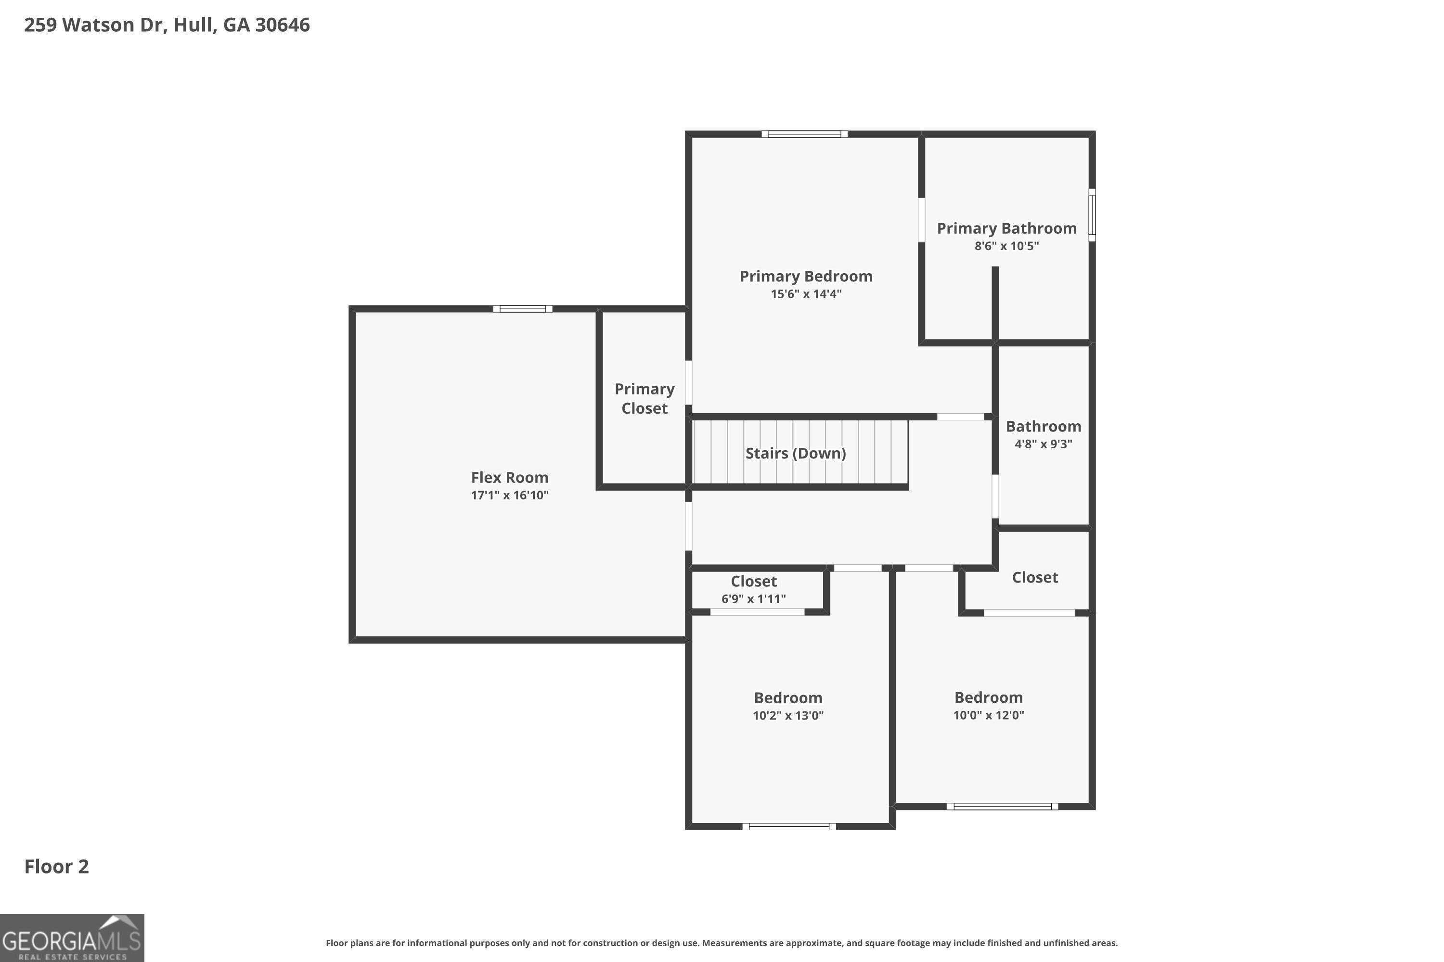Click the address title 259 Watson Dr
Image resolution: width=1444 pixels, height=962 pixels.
[x=167, y=25]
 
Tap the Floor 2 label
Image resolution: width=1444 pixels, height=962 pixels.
[x=56, y=866]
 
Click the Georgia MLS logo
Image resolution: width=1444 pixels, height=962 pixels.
[x=72, y=938]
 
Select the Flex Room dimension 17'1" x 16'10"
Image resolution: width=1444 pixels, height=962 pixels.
[x=510, y=495]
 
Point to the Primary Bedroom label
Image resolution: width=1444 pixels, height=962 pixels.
[x=805, y=276]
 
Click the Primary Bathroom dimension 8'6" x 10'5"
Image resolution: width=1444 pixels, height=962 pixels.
[x=1006, y=246]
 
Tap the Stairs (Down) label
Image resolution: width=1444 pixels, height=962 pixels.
[x=795, y=454]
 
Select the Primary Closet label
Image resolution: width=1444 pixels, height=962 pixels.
[x=644, y=398]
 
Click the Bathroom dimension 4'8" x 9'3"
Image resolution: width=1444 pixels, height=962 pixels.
[x=1043, y=444]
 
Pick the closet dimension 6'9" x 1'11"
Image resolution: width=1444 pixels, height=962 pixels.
[x=753, y=599]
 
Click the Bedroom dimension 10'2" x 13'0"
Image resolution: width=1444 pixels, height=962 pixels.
[x=787, y=715]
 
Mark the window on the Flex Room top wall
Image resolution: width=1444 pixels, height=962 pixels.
[x=522, y=309]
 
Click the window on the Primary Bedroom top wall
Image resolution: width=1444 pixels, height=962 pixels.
[x=804, y=134]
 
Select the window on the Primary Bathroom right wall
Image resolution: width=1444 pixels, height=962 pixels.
[x=1092, y=215]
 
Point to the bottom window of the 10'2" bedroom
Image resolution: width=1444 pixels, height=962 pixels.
[x=789, y=826]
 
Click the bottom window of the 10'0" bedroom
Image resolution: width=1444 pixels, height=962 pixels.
[x=1002, y=806]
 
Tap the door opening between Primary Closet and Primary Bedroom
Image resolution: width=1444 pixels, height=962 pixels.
[x=689, y=382]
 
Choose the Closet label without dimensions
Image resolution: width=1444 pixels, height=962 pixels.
[x=1034, y=577]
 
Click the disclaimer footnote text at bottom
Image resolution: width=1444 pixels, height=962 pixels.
[x=722, y=943]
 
